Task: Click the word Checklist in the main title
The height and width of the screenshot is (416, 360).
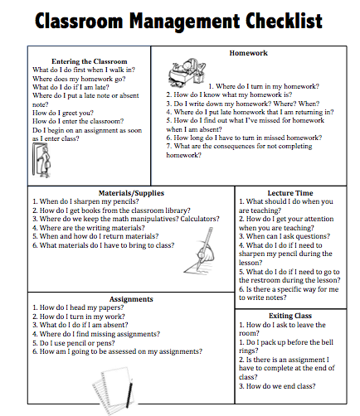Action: pyautogui.click(x=280, y=22)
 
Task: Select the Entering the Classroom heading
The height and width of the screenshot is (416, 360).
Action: pyautogui.click(x=89, y=61)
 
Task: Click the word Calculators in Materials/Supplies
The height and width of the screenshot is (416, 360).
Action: pyautogui.click(x=196, y=219)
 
